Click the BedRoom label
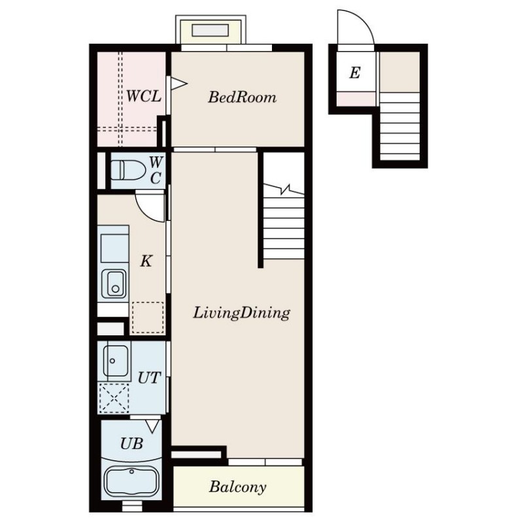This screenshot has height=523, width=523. coord(242,97)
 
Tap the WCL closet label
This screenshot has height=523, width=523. coord(144,96)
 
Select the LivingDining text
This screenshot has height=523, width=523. coord(241,313)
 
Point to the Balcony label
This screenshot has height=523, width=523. coord(238,487)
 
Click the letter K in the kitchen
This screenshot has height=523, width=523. coord(146,261)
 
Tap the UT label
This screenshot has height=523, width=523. coord(150,378)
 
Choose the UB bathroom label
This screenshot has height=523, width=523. coord(132,444)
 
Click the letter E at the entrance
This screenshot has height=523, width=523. coord(355,73)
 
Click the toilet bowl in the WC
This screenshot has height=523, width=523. coord(128,170)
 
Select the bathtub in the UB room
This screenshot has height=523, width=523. coord(131,481)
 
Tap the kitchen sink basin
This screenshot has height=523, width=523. coord(114,284)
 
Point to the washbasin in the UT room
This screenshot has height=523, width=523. coord(116,361)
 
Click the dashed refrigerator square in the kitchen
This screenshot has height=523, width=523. coord(148,318)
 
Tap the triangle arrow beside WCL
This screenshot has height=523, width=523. coord(178,84)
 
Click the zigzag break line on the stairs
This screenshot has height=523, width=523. coord(284,190)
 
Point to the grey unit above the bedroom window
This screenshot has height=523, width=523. coord(210,30)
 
